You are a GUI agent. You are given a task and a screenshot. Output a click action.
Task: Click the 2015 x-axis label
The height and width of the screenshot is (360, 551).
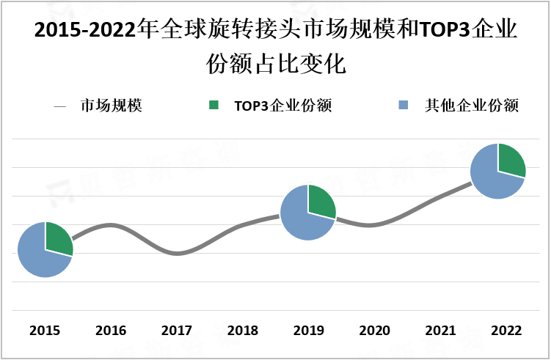pos(45,331)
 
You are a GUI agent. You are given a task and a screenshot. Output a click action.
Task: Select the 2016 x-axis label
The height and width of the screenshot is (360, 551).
pos(110,331)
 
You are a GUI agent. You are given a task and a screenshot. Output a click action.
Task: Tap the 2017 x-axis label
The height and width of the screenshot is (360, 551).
pos(176,331)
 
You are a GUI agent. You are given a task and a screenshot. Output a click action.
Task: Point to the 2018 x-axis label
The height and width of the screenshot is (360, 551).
pos(242,331)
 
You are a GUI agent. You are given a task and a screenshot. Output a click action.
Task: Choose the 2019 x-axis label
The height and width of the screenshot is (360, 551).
pos(308,331)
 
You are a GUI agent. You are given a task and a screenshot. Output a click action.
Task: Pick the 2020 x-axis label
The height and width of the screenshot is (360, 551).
pos(373,331)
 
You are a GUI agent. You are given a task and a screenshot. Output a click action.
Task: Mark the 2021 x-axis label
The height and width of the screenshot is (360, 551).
pos(439,331)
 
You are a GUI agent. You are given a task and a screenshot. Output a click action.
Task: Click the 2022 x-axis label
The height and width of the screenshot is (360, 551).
pos(506,331)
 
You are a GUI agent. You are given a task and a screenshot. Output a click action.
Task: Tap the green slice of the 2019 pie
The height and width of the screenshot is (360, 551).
pos(321,203)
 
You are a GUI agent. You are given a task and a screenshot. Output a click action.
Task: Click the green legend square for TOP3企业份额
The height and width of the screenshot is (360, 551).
pos(215,106)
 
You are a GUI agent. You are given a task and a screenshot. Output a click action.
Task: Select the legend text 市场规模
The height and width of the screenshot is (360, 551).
pos(111,106)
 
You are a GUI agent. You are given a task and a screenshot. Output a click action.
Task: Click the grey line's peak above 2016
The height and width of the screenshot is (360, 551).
pos(110,224)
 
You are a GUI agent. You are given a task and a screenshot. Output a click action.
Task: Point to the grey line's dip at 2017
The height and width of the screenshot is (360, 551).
pos(176,254)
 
